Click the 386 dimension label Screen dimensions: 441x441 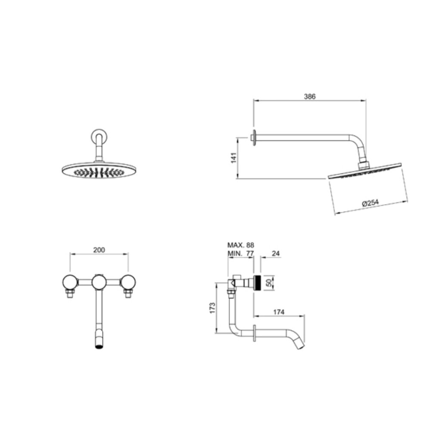[x=310, y=96]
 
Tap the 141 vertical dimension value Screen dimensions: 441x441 [x=234, y=158]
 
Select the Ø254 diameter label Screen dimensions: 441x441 [x=370, y=202]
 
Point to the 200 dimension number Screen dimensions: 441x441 [x=99, y=250]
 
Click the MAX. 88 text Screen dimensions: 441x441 [x=241, y=245]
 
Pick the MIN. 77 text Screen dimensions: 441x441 [x=241, y=253]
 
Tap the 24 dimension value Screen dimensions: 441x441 [x=276, y=253]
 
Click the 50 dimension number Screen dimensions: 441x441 [x=270, y=283]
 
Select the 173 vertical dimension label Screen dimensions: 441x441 [x=213, y=308]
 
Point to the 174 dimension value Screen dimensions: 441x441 [x=279, y=312]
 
